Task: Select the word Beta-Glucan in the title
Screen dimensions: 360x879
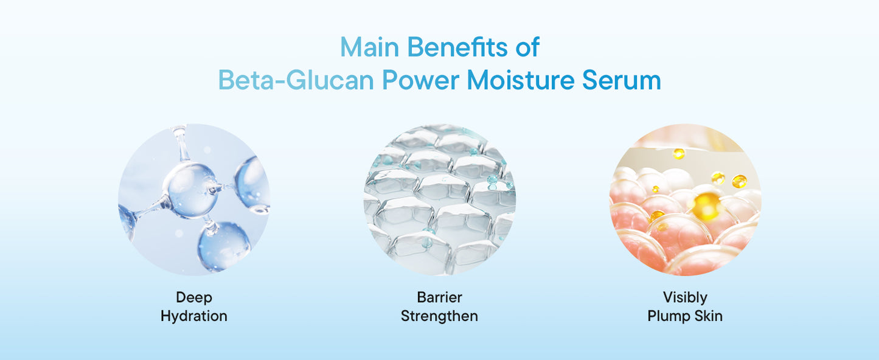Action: (x=296, y=81)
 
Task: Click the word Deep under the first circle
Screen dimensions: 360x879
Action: (x=193, y=297)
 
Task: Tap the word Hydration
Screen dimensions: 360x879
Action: (x=193, y=316)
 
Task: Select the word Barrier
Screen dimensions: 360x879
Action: (x=439, y=297)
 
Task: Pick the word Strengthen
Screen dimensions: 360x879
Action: (x=439, y=316)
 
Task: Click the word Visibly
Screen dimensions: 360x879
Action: (x=685, y=297)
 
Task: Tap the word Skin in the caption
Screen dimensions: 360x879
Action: (x=708, y=316)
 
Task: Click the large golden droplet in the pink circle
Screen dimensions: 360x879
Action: (x=706, y=206)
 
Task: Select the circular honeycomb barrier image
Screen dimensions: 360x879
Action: (x=439, y=199)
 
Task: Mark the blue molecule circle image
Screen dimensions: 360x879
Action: (x=193, y=199)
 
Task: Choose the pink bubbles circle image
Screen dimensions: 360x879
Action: (x=685, y=199)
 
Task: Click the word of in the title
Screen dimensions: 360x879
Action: (x=526, y=47)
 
